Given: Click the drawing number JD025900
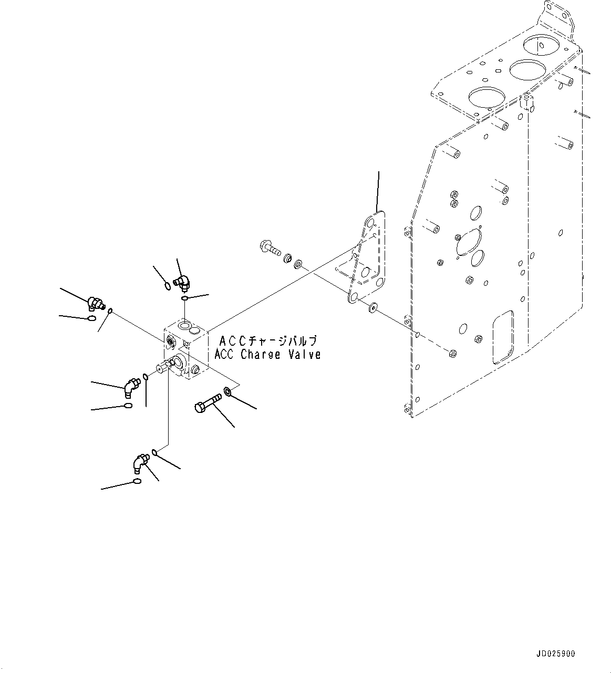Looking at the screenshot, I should (x=556, y=654).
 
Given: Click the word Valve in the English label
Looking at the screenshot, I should (x=304, y=355).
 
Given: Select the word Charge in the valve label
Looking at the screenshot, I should (x=261, y=355).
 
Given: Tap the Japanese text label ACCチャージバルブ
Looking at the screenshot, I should (x=268, y=341).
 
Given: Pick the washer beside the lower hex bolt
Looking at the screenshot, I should (x=228, y=391).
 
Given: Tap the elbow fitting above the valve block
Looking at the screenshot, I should (x=183, y=283).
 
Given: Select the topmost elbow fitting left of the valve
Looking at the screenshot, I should (x=96, y=303).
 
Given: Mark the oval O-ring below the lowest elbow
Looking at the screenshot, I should (x=137, y=482).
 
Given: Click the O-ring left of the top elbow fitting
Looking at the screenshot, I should (x=167, y=286).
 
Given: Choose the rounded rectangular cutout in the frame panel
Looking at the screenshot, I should (x=503, y=336).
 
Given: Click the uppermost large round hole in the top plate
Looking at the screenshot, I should (x=542, y=45).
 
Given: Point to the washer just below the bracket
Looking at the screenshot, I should (x=373, y=306).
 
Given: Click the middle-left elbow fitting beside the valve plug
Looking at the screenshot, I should (x=129, y=388).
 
